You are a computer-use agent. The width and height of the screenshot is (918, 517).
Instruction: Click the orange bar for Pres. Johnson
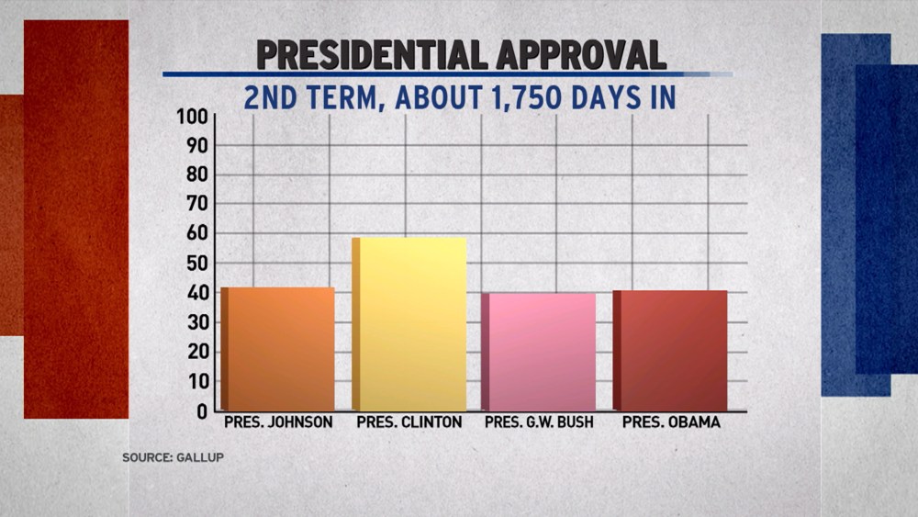(278, 350)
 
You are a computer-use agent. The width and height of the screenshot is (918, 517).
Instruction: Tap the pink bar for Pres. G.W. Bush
(540, 353)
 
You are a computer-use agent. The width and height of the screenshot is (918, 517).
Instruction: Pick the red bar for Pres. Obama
(672, 351)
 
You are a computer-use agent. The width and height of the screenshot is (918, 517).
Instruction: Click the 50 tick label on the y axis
(197, 264)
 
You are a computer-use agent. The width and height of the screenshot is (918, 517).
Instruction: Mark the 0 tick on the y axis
(203, 411)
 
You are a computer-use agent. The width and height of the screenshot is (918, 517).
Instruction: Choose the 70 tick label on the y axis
(197, 205)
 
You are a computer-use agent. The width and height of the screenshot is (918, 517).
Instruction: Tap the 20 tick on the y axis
(197, 353)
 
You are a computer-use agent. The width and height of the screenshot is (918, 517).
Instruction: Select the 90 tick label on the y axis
(197, 146)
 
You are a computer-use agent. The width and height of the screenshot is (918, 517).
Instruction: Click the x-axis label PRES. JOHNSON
(278, 423)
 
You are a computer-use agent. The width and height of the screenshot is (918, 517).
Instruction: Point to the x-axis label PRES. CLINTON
(409, 423)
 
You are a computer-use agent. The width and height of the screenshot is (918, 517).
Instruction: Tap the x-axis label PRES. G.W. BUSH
(539, 423)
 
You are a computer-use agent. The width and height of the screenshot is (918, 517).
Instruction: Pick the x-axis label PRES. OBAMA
(671, 423)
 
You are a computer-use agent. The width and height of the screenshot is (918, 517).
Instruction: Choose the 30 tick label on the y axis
(197, 323)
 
